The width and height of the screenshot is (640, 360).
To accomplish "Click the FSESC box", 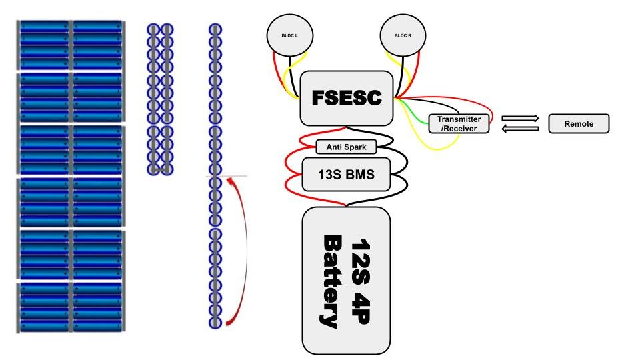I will coord(347,98).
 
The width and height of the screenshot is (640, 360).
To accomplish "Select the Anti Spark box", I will coord(346,147).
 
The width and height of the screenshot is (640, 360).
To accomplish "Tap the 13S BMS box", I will coord(346,175).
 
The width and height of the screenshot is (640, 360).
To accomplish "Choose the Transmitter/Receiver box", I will coord(459,123).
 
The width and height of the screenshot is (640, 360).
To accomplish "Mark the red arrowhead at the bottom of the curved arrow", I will coord(231,323).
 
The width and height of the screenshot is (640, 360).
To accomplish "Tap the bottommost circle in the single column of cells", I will coord(215,322).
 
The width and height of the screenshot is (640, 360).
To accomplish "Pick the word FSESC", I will coord(347,98).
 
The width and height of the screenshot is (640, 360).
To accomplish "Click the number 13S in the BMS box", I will coord(331,175).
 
